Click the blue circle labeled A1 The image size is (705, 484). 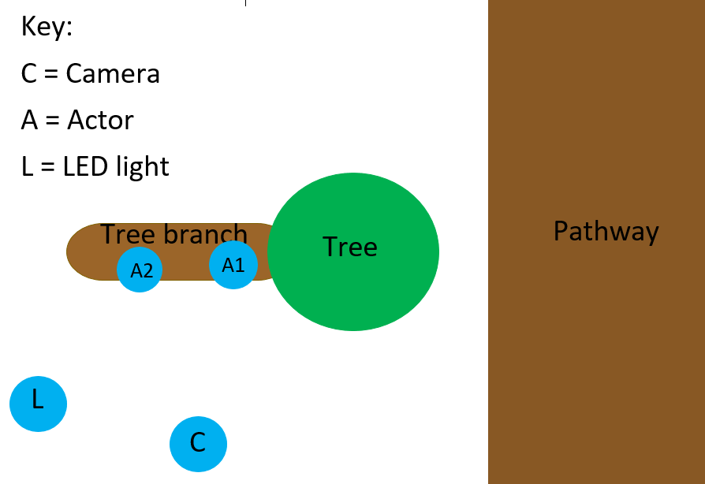tap(233, 265)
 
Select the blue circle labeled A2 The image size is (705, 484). tap(140, 270)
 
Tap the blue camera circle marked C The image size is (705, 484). tap(198, 444)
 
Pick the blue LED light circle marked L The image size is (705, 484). tap(38, 404)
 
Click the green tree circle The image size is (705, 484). tap(353, 284)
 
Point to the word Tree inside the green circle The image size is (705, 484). tap(350, 248)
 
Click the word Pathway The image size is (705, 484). tap(606, 232)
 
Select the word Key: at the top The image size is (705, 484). tap(47, 28)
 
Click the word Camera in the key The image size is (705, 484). tap(113, 74)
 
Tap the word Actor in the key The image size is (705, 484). tap(100, 121)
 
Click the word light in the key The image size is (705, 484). tap(144, 167)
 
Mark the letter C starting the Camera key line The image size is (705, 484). tap(29, 74)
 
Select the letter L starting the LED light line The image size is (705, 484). tap(28, 167)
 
